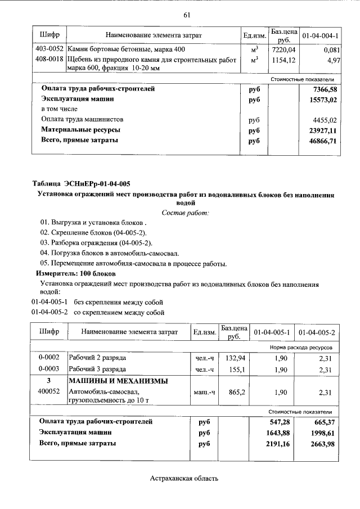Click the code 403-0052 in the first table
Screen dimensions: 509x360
[48, 49]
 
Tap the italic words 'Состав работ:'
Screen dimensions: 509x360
[184, 213]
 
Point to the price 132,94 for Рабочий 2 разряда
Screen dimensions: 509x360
[234, 357]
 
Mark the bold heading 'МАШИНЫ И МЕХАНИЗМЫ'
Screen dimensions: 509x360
[118, 381]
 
